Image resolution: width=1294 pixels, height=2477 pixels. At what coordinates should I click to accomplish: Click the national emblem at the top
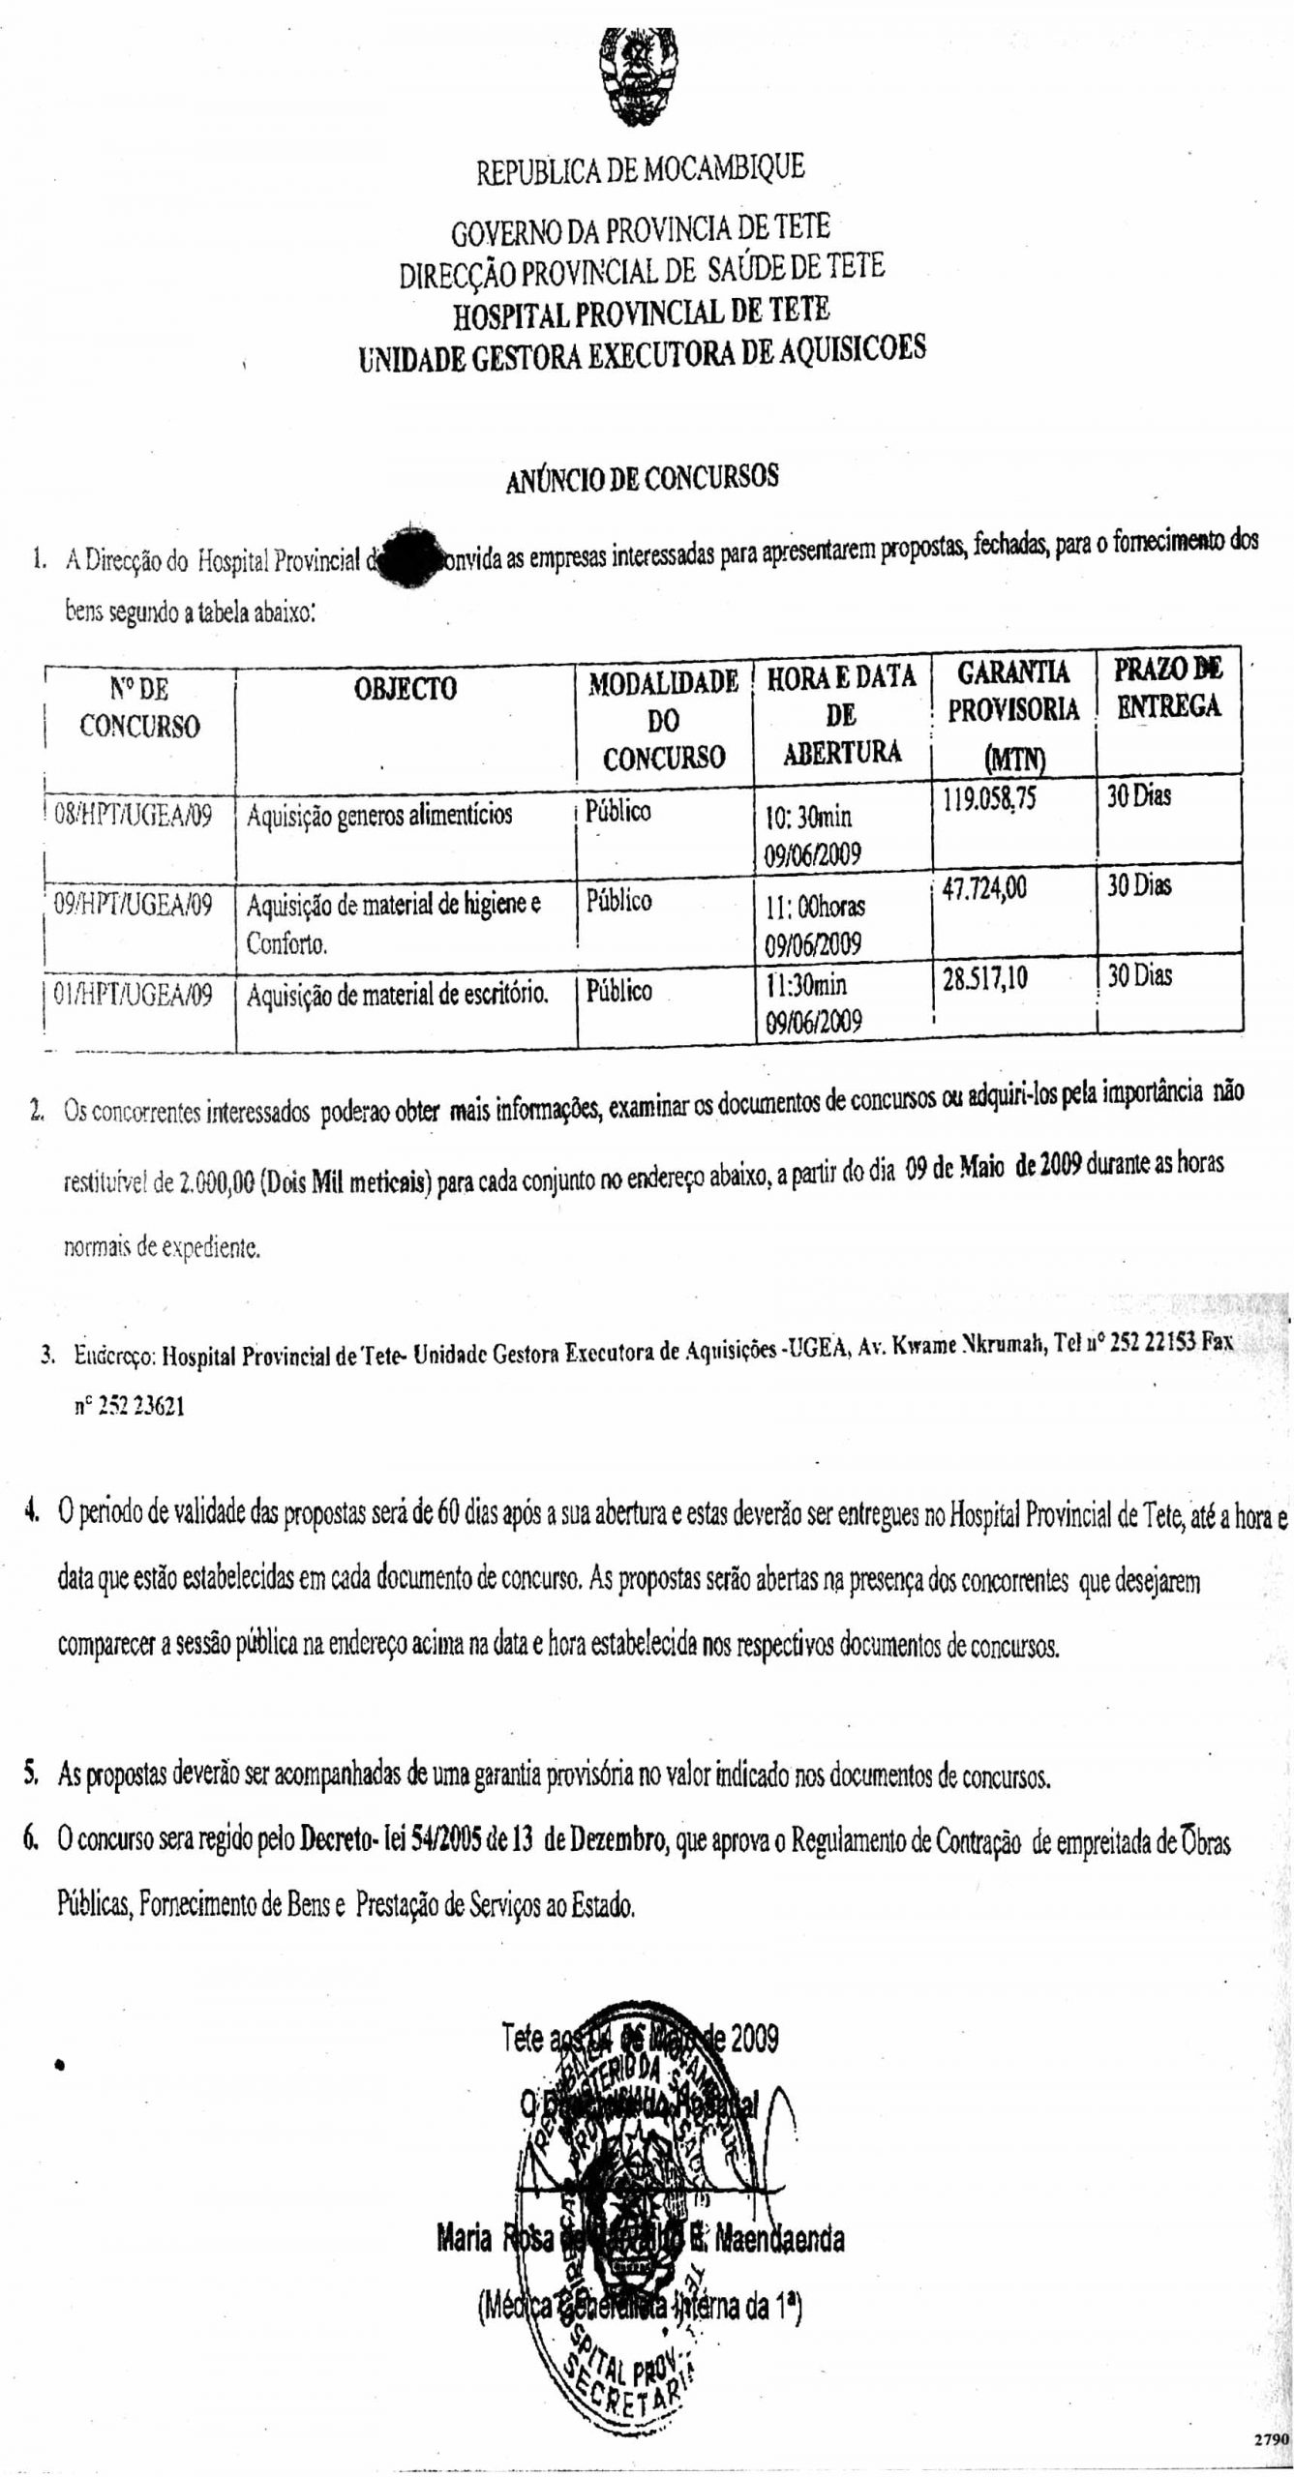point(635,76)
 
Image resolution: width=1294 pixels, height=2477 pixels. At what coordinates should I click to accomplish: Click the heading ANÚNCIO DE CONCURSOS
point(642,479)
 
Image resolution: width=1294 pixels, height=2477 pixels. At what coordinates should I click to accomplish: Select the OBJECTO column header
point(406,689)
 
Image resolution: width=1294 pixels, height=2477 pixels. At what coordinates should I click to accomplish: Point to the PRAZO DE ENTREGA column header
point(1168,687)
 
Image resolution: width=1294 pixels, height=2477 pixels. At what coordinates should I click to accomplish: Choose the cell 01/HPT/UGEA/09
point(134,995)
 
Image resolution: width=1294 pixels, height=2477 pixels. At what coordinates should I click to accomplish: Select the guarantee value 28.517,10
point(985,979)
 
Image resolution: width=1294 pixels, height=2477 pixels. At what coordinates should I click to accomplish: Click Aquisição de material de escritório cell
point(398,994)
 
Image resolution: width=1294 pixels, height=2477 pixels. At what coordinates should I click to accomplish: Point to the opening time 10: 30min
point(809,817)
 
